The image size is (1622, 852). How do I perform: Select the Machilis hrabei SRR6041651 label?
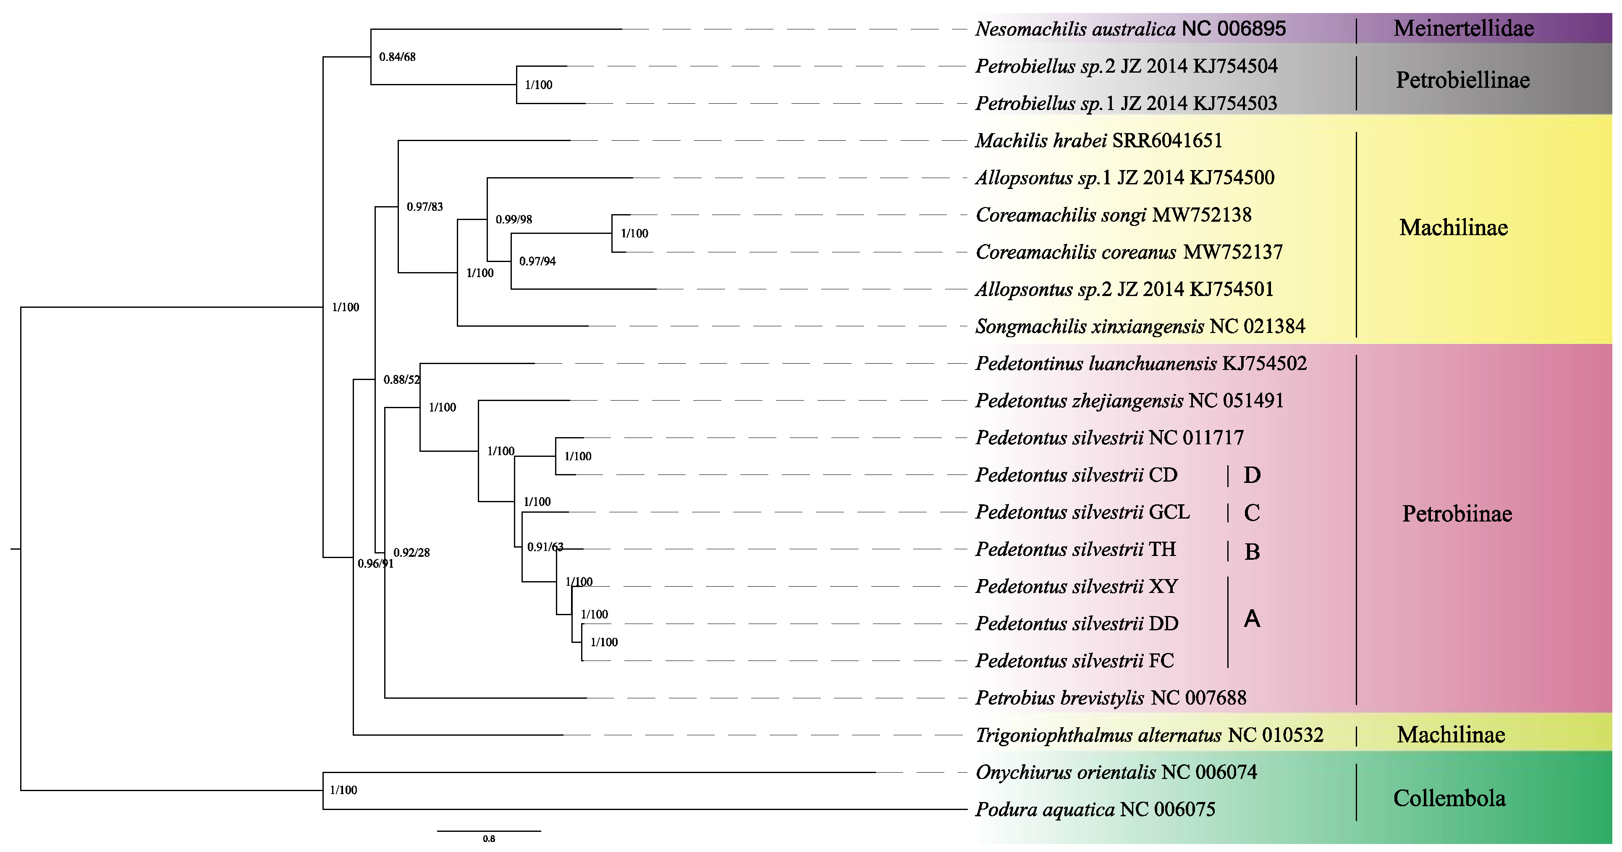pos(1099,140)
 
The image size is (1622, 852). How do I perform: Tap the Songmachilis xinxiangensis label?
pos(1140,326)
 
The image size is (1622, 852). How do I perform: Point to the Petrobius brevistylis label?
pos(1111,698)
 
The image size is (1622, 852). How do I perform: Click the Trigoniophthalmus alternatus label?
pos(1149,735)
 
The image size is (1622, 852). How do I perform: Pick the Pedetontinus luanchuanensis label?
pos(1141,363)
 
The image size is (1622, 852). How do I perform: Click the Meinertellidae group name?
pos(1463,28)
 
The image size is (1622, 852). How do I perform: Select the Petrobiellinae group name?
pos(1462,80)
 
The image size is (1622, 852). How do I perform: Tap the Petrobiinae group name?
pos(1457,514)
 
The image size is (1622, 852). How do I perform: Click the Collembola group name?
pos(1449,799)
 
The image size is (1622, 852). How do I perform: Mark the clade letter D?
pos(1252,475)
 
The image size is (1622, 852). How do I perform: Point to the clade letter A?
pos(1252,619)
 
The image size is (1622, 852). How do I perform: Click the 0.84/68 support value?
pos(397,57)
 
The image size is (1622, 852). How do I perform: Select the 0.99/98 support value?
pos(514,219)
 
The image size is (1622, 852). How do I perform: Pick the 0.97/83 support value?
pos(424,207)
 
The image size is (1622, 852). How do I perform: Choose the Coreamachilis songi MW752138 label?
pos(1113,215)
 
